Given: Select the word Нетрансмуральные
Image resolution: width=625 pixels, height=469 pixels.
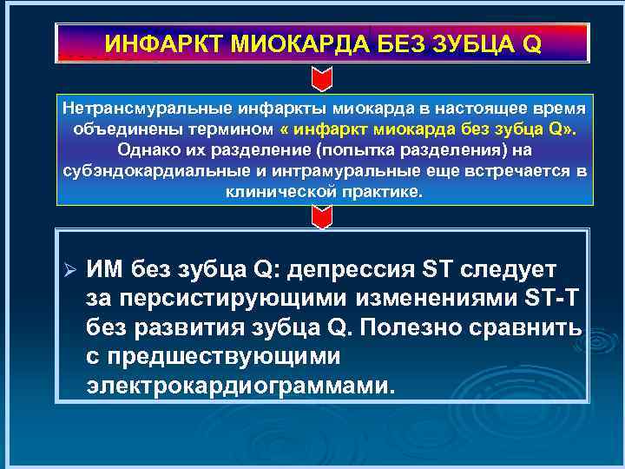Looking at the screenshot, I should [x=140, y=109].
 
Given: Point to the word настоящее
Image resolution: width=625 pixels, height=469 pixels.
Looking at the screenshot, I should [x=486, y=109].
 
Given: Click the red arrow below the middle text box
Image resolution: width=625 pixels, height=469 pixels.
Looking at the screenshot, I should [x=321, y=217].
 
